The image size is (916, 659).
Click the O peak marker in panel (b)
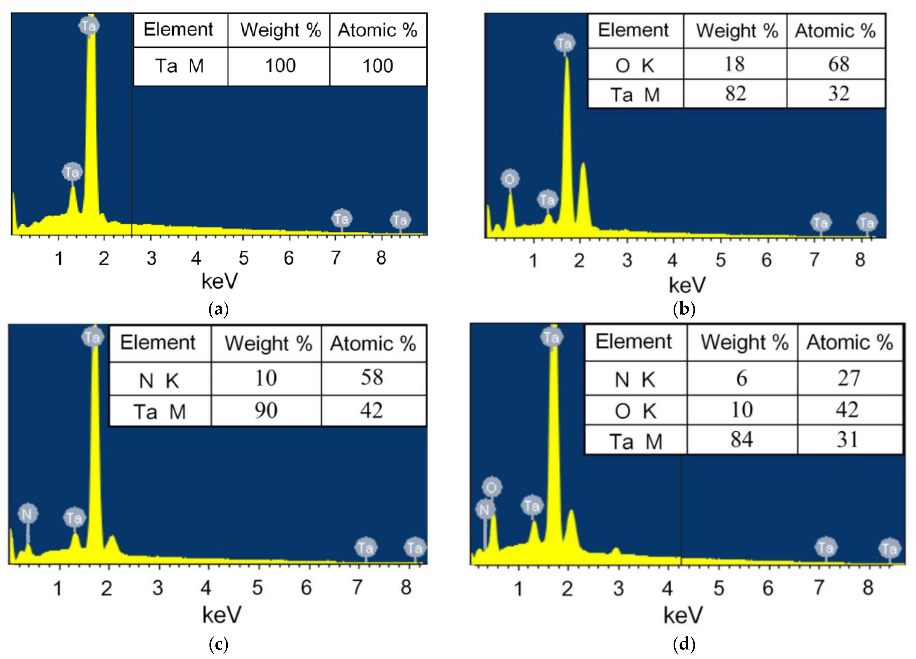point(510,179)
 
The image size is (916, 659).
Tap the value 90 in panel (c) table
point(266,411)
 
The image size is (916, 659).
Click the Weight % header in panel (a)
point(280,30)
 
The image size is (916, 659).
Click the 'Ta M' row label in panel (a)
point(180,66)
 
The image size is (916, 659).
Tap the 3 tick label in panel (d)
point(618,589)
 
